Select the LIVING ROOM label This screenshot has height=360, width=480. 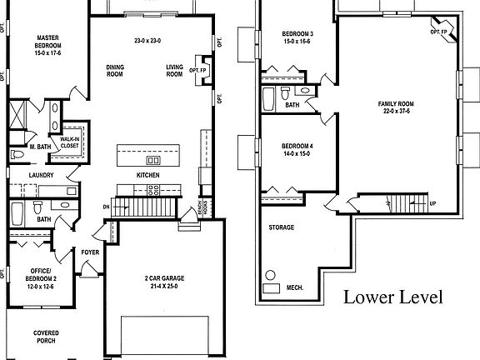[x=174, y=70]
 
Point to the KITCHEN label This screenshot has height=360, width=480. [x=149, y=175]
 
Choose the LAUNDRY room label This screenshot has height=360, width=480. [x=41, y=175]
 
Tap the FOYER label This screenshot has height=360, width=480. [x=90, y=251]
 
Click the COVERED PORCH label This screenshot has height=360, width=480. [x=45, y=337]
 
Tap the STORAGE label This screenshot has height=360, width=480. [x=281, y=227]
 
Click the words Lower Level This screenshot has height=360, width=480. [x=392, y=297]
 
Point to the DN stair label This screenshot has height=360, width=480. [x=106, y=206]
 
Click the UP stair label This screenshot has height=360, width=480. [x=431, y=202]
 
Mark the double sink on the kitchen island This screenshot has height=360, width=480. [x=153, y=159]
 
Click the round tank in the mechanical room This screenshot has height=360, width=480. [x=270, y=276]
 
